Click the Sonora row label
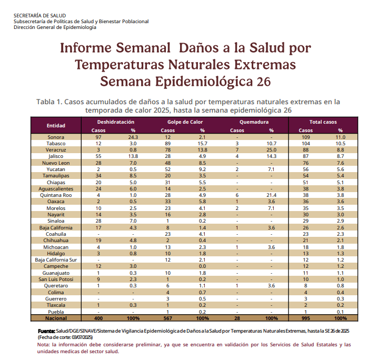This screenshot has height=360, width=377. click(x=56, y=137)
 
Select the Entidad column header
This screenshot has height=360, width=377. click(x=56, y=126)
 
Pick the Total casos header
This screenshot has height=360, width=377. click(x=323, y=122)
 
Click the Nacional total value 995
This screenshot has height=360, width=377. click(x=305, y=318)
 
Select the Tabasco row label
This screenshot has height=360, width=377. click(x=56, y=144)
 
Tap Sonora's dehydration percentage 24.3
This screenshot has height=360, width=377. click(x=133, y=137)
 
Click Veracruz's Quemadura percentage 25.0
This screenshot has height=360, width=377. click(x=271, y=150)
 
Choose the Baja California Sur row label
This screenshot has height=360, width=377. click(x=56, y=260)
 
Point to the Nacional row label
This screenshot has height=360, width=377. click(x=56, y=318)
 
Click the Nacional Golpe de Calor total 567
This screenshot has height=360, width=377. click(x=168, y=318)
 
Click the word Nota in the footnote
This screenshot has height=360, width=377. click(x=44, y=344)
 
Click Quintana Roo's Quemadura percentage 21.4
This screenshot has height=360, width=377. click(x=271, y=195)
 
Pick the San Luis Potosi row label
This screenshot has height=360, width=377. click(x=56, y=279)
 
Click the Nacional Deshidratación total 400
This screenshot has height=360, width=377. click(x=98, y=318)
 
